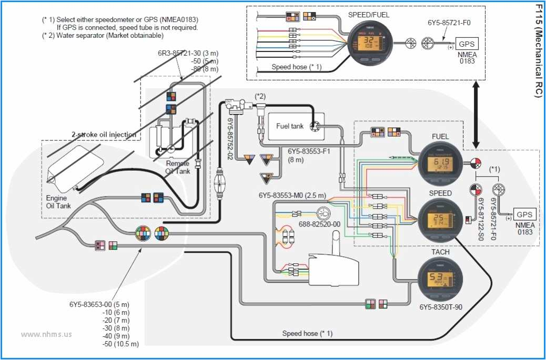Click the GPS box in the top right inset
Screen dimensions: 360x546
pos(467,45)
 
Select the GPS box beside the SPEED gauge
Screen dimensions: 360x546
pos(524,214)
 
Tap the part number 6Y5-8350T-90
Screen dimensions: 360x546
pos(441,307)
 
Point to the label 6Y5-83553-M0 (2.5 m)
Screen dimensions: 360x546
pos(292,195)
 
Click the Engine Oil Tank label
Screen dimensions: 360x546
pos(57,202)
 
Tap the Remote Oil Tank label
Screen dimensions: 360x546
pos(177,167)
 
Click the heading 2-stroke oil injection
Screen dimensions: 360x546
pos(104,135)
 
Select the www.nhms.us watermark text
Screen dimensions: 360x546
pos(46,334)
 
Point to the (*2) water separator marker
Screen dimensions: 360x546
pos(260,96)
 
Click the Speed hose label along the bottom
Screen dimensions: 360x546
pos(307,333)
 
